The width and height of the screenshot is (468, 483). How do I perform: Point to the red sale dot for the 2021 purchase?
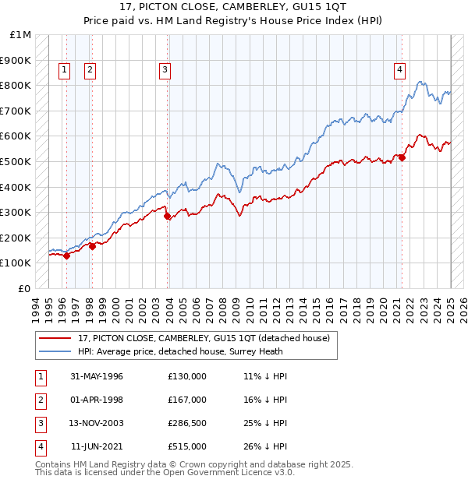[402, 158]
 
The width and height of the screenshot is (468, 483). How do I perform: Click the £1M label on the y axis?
[21, 35]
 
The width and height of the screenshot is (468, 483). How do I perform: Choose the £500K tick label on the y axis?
[16, 161]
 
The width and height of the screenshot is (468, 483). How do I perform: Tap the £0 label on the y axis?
[25, 288]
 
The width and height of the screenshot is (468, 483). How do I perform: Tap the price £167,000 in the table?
[187, 400]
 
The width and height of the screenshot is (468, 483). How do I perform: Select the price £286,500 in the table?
[187, 423]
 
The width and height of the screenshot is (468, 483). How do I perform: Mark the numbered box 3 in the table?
[39, 423]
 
